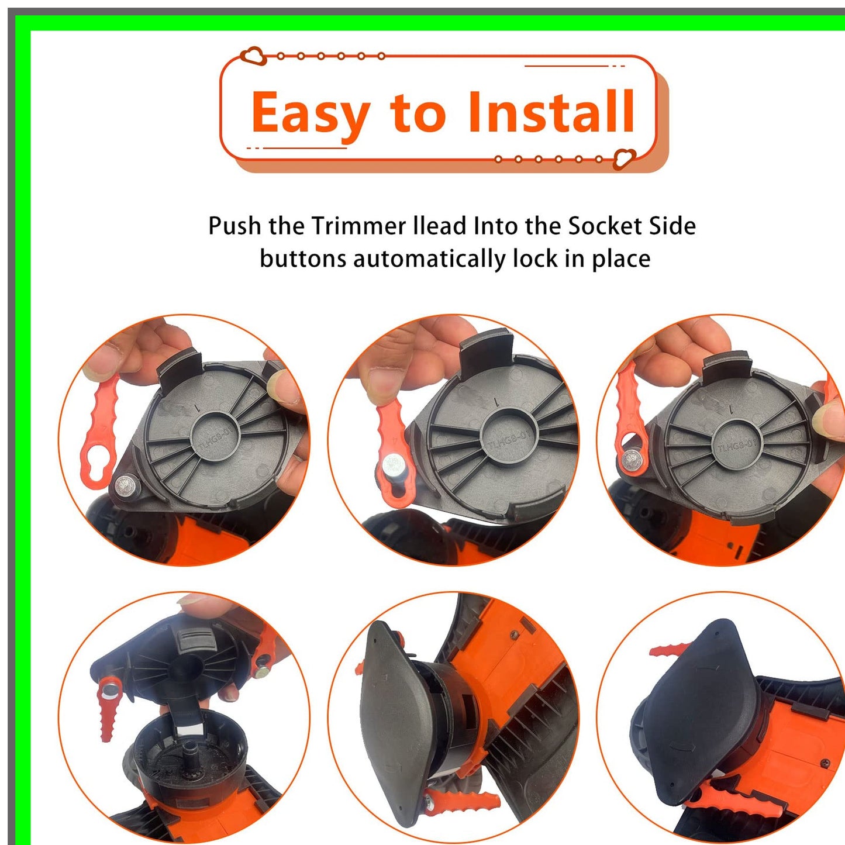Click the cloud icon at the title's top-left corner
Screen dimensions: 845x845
pos(254,56)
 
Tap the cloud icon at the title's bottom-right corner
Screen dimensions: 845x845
pos(624,158)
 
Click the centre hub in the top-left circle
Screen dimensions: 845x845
pos(216,437)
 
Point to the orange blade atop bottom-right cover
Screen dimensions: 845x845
pos(670,649)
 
